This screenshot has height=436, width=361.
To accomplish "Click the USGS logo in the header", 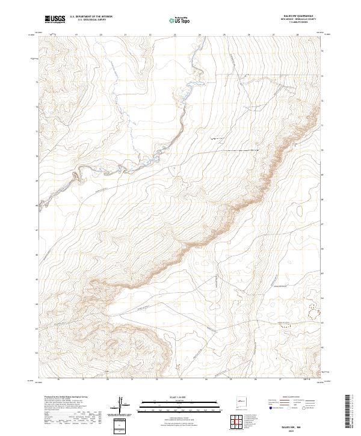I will coord(55,20).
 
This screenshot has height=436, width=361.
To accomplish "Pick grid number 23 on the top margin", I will coord(174,35).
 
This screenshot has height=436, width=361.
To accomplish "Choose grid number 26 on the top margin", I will coord(248,35).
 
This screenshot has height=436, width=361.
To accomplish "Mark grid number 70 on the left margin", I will coord(37,156).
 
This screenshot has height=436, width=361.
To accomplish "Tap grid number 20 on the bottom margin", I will coord(107,379).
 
